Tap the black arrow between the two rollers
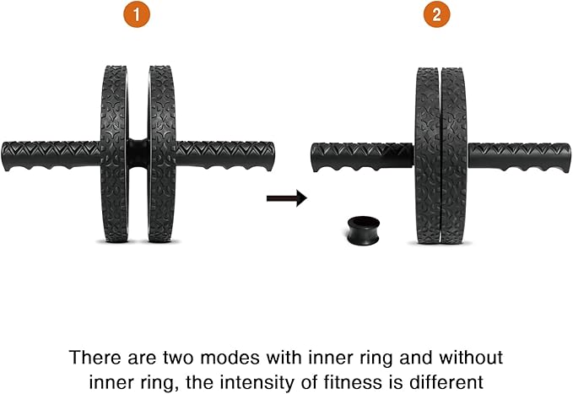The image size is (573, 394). click(x=285, y=198)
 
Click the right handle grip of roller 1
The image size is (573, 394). click(x=222, y=155)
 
